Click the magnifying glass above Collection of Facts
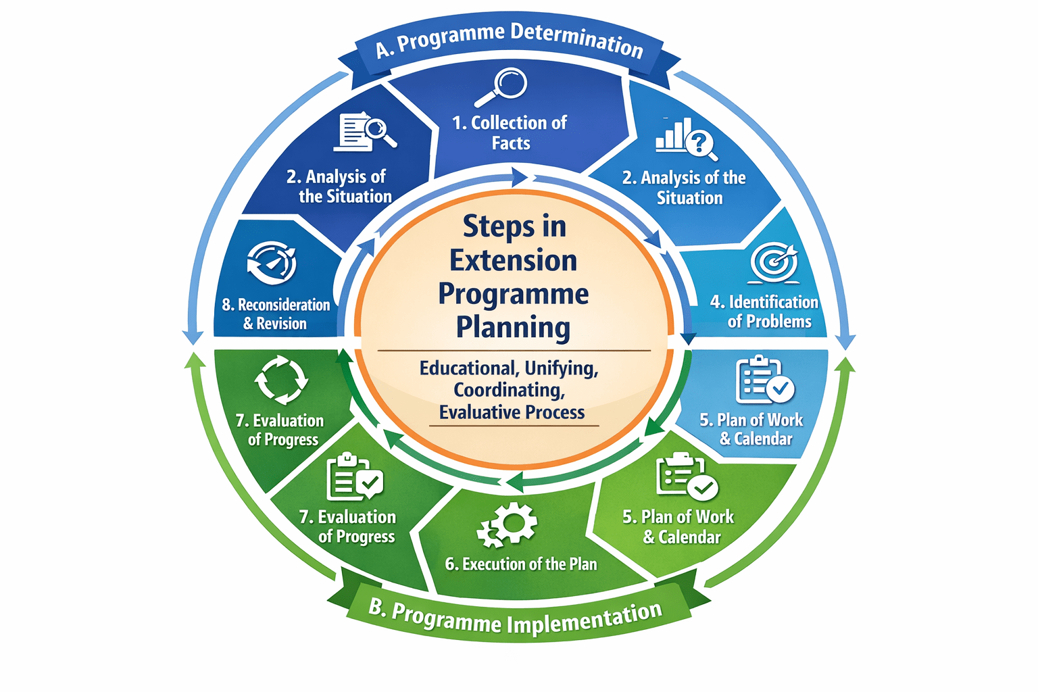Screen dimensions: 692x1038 point(502,86)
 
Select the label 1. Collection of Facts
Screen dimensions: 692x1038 point(510,132)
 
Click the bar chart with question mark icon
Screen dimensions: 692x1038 point(685,139)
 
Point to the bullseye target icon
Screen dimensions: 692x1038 point(774,262)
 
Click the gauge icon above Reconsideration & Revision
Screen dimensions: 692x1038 point(272,263)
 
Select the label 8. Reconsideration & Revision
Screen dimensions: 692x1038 point(276,314)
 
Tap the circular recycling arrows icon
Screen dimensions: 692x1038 point(281,380)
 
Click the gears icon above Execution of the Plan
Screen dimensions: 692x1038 point(508,524)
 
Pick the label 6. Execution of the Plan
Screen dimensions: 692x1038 point(520,564)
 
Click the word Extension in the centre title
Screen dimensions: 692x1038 point(514,261)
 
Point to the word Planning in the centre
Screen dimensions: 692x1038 point(514,327)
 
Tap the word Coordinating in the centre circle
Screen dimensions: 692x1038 point(510,390)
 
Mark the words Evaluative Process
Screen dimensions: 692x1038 point(512,412)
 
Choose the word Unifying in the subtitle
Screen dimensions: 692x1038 point(561,368)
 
